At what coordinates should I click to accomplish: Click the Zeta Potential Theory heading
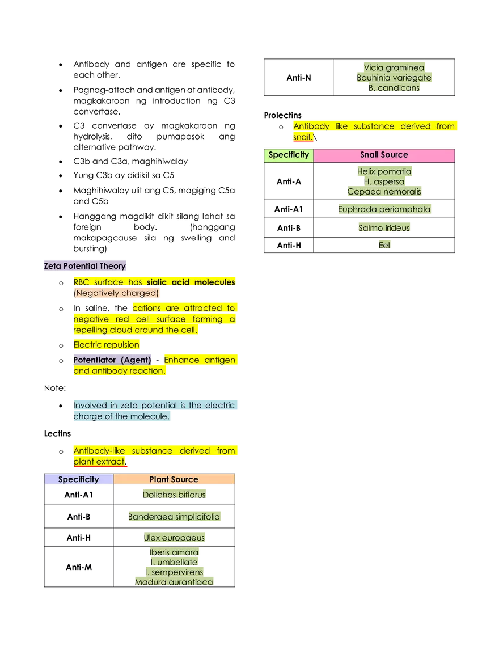84,266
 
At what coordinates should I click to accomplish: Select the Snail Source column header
384,155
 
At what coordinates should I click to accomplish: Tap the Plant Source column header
174,479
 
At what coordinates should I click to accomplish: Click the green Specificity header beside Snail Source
289,155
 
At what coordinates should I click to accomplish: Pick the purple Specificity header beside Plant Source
79,479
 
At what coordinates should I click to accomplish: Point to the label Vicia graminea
394,67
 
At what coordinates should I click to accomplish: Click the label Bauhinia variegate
394,78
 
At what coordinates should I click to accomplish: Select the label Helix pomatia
384,171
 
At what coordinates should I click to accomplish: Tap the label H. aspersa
384,182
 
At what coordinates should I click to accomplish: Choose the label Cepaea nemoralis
384,192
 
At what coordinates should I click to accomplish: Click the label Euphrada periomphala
384,209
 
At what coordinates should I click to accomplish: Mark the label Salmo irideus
384,228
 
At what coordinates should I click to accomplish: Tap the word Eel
384,246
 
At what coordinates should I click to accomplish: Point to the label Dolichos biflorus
174,495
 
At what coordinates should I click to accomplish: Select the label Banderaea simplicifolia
174,517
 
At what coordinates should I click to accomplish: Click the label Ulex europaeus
174,538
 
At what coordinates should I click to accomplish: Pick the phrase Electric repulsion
106,345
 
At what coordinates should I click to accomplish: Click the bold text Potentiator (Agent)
112,360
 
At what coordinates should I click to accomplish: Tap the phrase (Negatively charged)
117,293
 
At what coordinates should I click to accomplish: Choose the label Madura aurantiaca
174,582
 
